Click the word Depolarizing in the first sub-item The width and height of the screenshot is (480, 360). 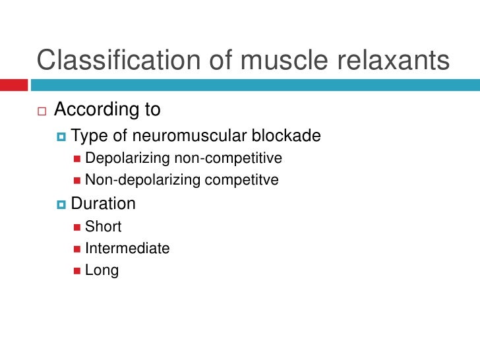pyautogui.click(x=128, y=158)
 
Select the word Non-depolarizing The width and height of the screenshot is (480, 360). pyautogui.click(x=140, y=179)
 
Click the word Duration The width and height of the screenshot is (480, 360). pyautogui.click(x=104, y=204)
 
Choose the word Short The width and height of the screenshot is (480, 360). pyautogui.click(x=104, y=226)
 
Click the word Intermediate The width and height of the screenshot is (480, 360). pyautogui.click(x=127, y=249)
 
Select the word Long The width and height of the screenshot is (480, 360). pyautogui.click(x=102, y=270)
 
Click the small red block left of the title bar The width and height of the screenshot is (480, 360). pyautogui.click(x=14, y=85)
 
